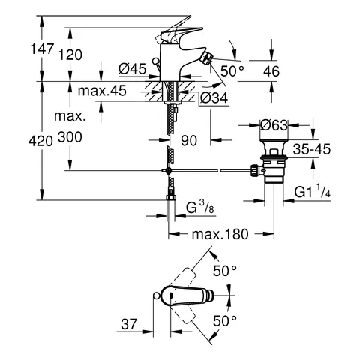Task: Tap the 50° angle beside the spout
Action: pyautogui.click(x=232, y=70)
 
